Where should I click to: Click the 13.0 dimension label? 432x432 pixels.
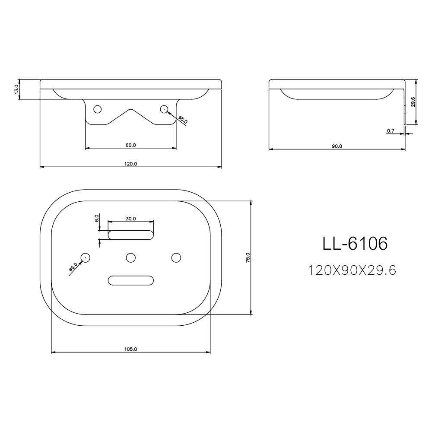(x=16, y=89)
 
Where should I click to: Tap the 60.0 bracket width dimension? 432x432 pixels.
(x=130, y=145)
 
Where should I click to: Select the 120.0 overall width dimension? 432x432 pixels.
(x=130, y=164)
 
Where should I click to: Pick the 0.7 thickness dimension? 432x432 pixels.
(x=391, y=130)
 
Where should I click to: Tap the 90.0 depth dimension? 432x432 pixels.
(x=337, y=146)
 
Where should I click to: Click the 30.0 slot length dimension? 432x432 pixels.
(x=131, y=219)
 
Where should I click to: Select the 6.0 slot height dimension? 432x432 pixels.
(x=97, y=218)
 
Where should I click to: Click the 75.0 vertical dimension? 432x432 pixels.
(x=248, y=258)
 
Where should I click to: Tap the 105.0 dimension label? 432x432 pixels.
(x=130, y=349)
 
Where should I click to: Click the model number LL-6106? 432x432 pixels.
(x=355, y=244)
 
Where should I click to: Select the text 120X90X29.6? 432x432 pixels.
(x=352, y=270)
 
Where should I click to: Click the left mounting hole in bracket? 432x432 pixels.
(x=98, y=109)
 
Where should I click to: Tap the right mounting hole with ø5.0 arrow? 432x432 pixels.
(x=164, y=109)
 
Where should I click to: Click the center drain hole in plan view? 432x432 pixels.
(x=130, y=258)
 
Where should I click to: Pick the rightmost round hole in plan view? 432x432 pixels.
(x=176, y=258)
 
